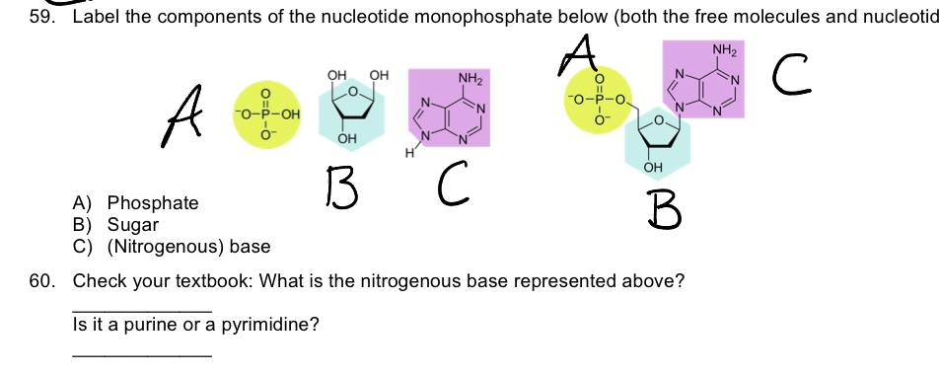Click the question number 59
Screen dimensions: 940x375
(x=41, y=17)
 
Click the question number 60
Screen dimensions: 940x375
(x=41, y=280)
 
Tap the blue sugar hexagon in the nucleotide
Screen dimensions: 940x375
(x=657, y=144)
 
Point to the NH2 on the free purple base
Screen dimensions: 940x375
(x=469, y=77)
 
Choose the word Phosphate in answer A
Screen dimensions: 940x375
(x=152, y=203)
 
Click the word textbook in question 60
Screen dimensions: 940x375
(x=214, y=280)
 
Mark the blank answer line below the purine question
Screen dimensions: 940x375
(x=142, y=353)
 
